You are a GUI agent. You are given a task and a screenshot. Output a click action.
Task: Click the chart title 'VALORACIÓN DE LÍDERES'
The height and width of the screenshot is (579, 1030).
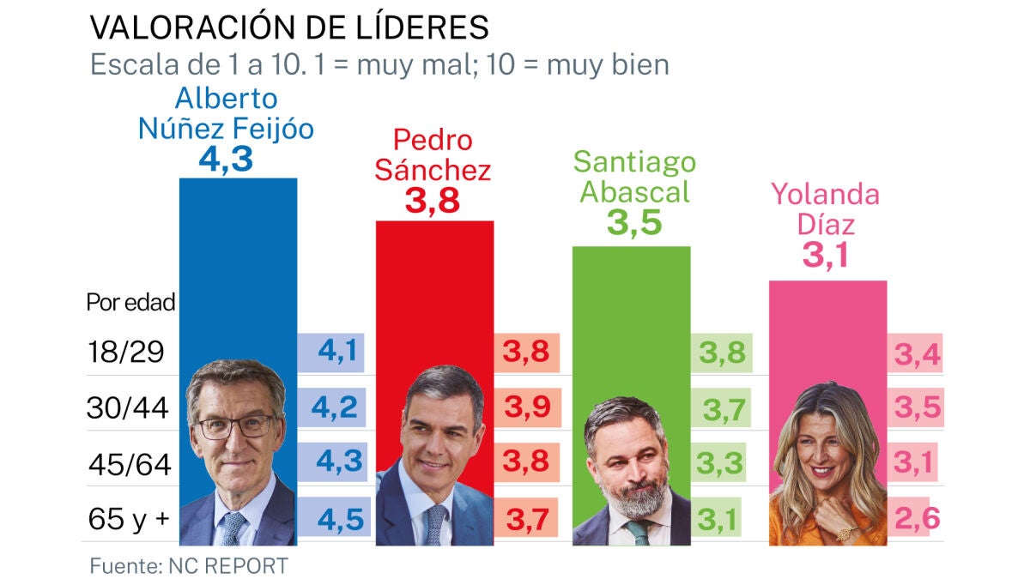point(289,27)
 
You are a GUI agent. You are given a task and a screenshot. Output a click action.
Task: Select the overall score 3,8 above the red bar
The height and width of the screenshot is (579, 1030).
point(432,202)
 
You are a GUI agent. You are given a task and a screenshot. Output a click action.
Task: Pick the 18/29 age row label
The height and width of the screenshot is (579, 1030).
point(125,352)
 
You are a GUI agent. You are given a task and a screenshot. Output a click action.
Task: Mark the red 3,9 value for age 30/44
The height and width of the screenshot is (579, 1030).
point(527,408)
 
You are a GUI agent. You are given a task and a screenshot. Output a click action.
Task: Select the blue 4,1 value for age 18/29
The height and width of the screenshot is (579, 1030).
point(337,352)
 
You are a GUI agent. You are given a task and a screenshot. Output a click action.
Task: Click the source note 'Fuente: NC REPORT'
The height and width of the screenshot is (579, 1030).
point(189,566)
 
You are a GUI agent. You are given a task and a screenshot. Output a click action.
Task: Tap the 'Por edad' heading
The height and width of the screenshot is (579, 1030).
point(130,302)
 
